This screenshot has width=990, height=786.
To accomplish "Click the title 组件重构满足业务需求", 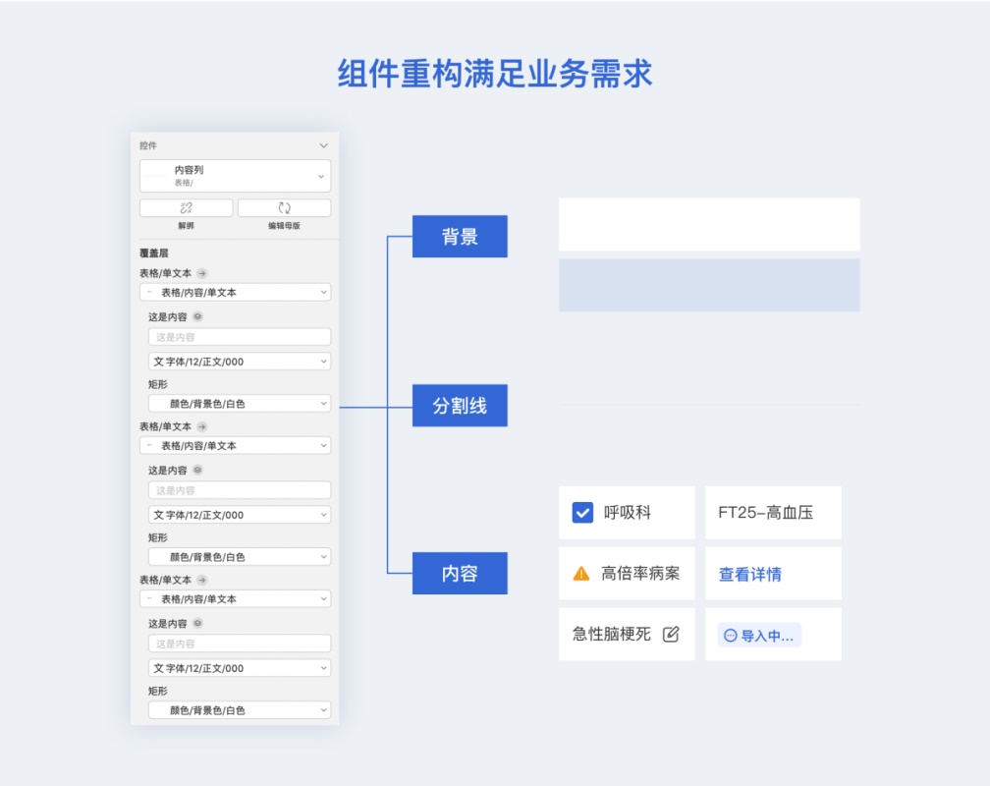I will pyautogui.click(x=495, y=74).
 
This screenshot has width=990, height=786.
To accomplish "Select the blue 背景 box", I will pyautogui.click(x=460, y=237).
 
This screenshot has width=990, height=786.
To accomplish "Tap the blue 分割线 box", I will pyautogui.click(x=460, y=406).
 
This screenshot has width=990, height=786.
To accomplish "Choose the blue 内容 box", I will pyautogui.click(x=460, y=574).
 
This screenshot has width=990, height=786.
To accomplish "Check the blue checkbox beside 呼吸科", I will pyautogui.click(x=582, y=513).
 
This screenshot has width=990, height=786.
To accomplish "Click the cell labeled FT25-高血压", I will pyautogui.click(x=772, y=513).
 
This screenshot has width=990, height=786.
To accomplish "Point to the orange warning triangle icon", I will pyautogui.click(x=581, y=574).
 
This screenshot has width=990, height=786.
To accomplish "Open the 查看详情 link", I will pyautogui.click(x=749, y=575).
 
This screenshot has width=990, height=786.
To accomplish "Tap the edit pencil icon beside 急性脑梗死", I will pyautogui.click(x=671, y=635).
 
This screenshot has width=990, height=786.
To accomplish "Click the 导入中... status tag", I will pyautogui.click(x=759, y=636).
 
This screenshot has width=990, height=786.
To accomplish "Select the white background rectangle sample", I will pyautogui.click(x=709, y=224).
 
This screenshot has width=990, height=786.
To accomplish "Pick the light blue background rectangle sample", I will pyautogui.click(x=709, y=285).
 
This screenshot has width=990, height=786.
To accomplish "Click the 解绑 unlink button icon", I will pyautogui.click(x=186, y=208).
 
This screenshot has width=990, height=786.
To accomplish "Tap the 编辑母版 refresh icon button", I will pyautogui.click(x=284, y=208).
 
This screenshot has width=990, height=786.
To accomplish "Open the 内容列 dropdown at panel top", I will pyautogui.click(x=235, y=176).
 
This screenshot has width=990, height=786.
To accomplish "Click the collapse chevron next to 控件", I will pyautogui.click(x=324, y=145).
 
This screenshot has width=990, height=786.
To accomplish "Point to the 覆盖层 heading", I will pyautogui.click(x=153, y=253).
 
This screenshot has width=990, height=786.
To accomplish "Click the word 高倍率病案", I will pyautogui.click(x=640, y=574).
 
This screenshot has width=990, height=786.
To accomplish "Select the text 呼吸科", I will pyautogui.click(x=627, y=513).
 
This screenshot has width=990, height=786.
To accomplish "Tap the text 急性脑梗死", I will pyautogui.click(x=611, y=635).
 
